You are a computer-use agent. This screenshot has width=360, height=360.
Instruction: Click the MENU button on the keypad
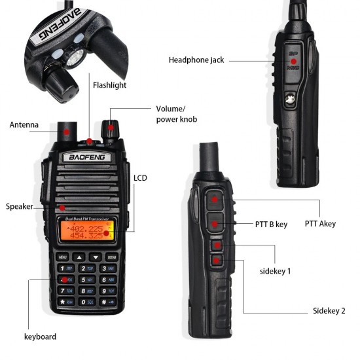63,256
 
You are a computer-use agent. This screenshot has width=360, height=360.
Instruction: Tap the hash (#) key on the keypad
107,302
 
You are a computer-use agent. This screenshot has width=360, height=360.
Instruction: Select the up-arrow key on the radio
79,256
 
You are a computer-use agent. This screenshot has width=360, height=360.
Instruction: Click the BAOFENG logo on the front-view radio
87,158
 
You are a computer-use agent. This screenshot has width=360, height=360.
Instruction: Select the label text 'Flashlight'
109,85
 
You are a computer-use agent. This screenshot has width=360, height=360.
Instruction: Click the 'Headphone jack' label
196,60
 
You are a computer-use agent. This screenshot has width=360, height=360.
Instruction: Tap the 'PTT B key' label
271,224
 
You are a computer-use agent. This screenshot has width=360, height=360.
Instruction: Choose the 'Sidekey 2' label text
329,310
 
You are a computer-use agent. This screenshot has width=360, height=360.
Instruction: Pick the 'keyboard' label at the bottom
40,336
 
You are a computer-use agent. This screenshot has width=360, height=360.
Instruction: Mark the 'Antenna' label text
24,124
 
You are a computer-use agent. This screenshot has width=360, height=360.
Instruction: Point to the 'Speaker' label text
20,206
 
